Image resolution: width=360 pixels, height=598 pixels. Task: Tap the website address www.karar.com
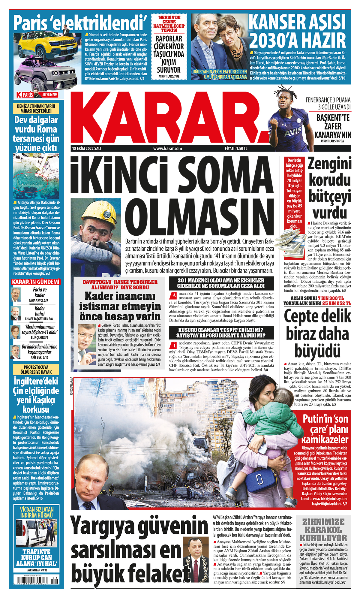(167, 148)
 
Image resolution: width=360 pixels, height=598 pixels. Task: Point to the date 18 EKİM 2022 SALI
(87, 148)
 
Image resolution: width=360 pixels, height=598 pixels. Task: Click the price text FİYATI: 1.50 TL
(236, 148)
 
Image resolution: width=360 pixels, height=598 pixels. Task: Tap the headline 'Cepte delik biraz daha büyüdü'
(317, 333)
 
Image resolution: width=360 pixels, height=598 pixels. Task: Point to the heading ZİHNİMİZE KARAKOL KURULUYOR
(323, 530)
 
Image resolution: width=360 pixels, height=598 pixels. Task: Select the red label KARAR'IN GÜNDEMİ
(36, 282)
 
